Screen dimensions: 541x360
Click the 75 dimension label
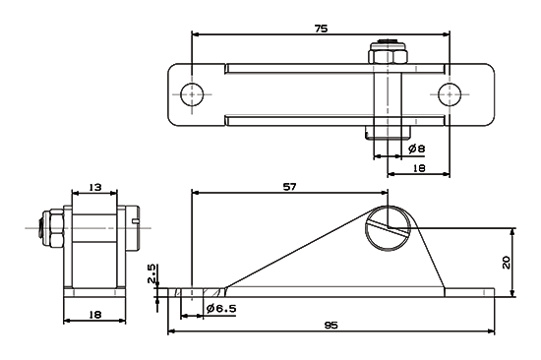tap(321, 29)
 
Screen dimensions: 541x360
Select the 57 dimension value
tap(289, 187)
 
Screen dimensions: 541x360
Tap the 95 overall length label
tap(331, 326)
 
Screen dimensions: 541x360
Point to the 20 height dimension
tap(507, 263)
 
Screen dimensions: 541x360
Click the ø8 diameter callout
tap(416, 149)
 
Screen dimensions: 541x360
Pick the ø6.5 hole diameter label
tap(221, 308)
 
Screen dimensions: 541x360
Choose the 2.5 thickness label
tap(151, 273)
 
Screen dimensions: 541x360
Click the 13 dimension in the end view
tap(95, 187)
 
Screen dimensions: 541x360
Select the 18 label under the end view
tap(95, 315)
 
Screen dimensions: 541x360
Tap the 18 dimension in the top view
tap(419, 168)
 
